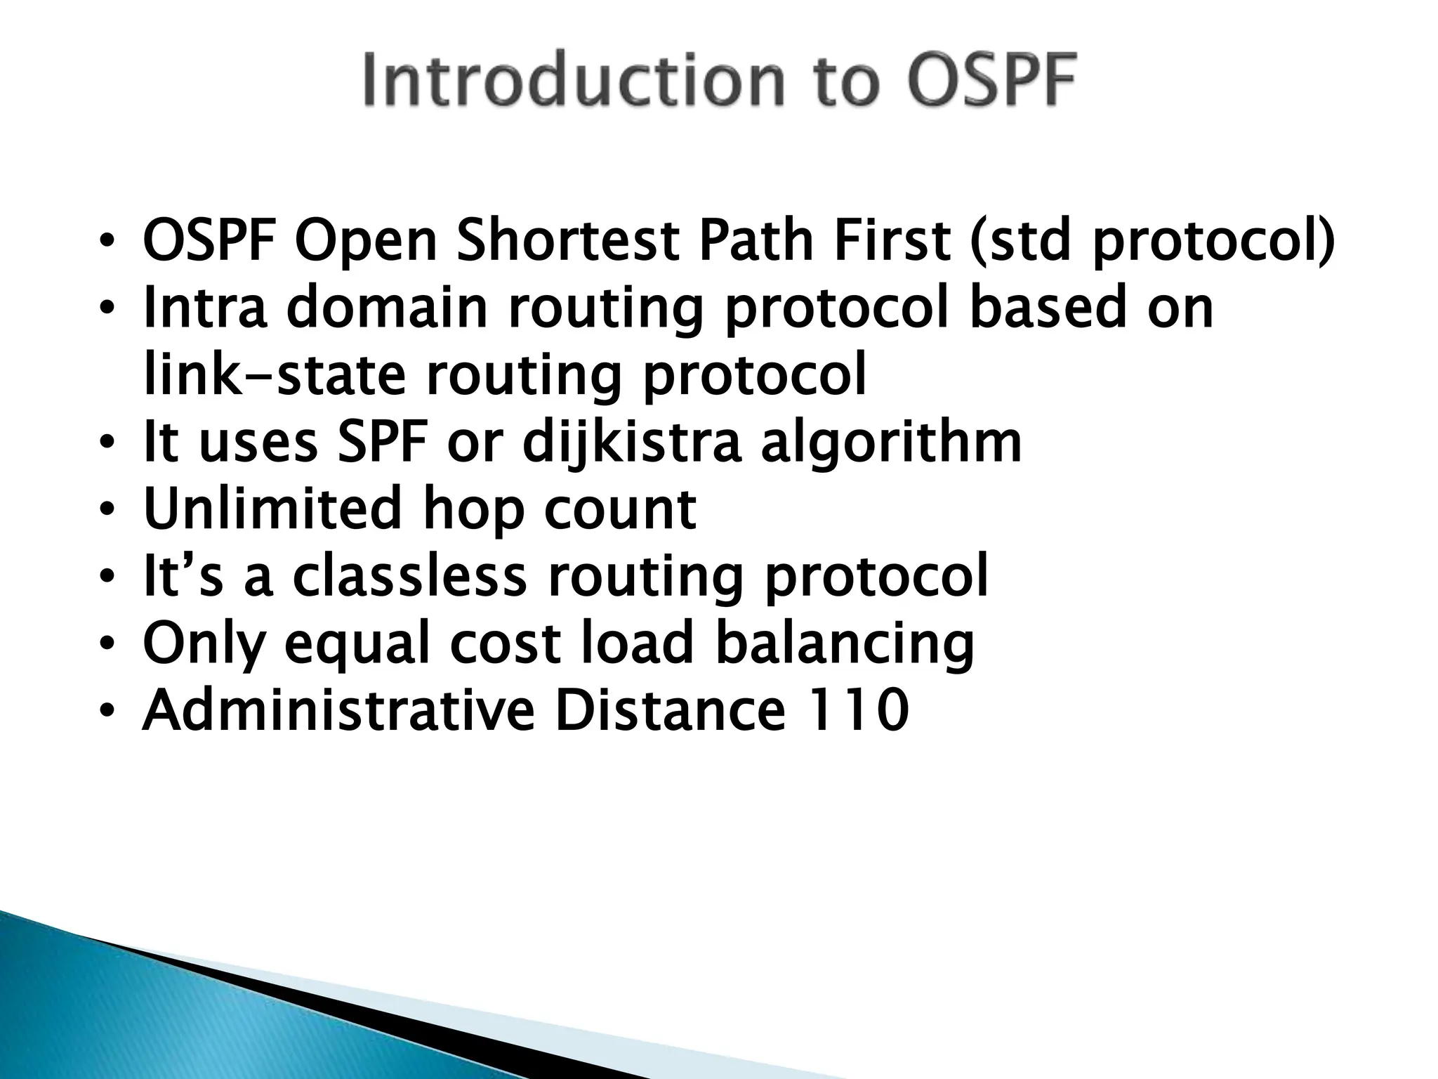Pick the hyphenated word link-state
tap(275, 374)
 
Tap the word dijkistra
tap(631, 443)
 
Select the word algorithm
tap(891, 443)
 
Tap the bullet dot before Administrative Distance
tap(106, 712)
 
